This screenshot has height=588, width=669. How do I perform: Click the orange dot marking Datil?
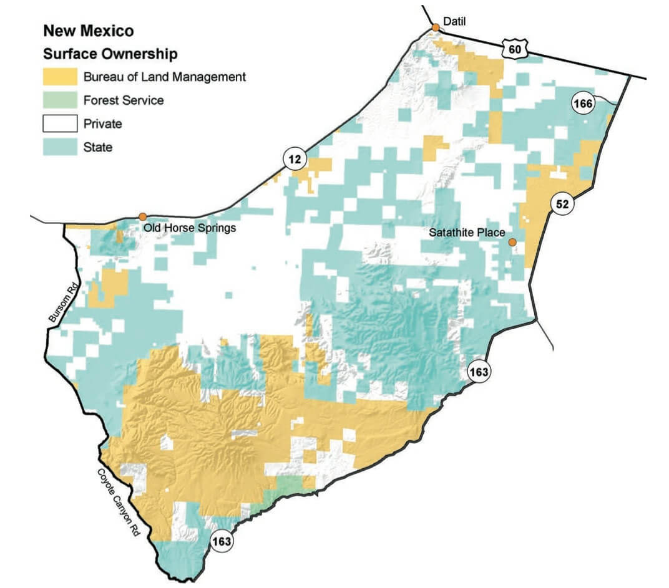pyautogui.click(x=435, y=27)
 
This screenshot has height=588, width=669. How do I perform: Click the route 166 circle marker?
pyautogui.click(x=582, y=104)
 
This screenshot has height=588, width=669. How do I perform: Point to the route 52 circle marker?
pyautogui.click(x=561, y=204)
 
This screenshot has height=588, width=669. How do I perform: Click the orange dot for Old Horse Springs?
pyautogui.click(x=143, y=216)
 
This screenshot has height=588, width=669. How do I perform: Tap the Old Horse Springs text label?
pyautogui.click(x=190, y=228)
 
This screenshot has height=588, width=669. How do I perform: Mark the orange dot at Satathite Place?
pyautogui.click(x=512, y=242)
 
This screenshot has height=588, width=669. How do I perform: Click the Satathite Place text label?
pyautogui.click(x=467, y=233)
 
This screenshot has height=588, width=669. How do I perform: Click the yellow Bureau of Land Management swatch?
pyautogui.click(x=60, y=77)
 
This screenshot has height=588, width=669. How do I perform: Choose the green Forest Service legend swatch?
pyautogui.click(x=60, y=100)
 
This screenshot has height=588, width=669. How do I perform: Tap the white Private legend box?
pyautogui.click(x=60, y=123)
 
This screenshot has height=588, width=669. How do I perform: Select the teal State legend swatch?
pyautogui.click(x=60, y=147)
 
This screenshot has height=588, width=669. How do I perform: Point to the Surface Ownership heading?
pyautogui.click(x=110, y=54)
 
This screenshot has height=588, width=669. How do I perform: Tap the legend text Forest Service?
pyautogui.click(x=124, y=100)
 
